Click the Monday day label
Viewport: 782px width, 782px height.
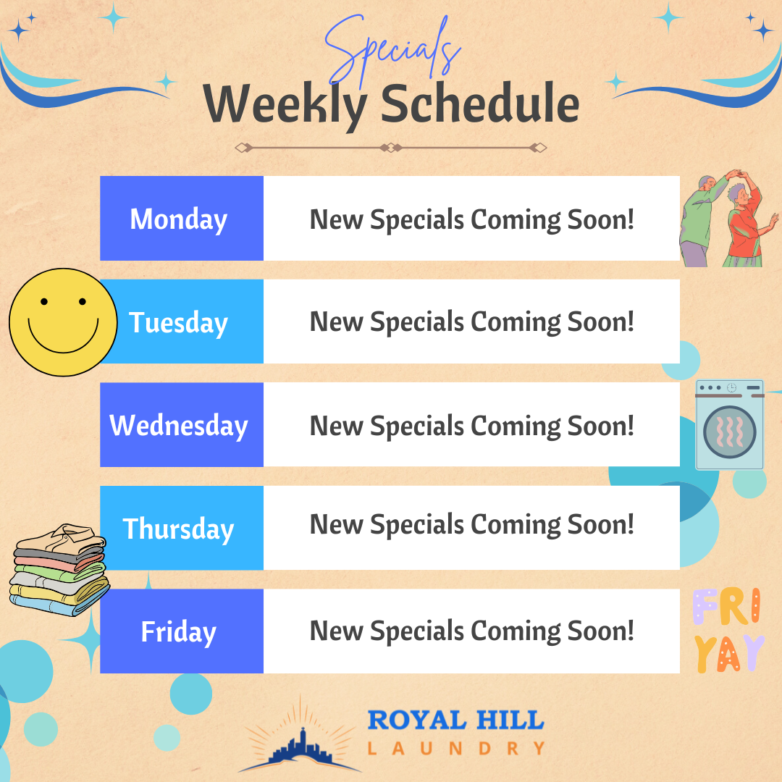pos(179,219)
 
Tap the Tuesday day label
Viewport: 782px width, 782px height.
pos(179,322)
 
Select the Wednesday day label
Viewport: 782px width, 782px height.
pos(179,425)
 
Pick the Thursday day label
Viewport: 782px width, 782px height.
pos(179,529)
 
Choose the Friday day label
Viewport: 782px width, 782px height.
pos(179,631)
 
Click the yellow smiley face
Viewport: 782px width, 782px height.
pos(63,322)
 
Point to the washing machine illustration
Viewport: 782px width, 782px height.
pos(729,424)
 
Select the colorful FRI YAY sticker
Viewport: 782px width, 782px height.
pos(728,630)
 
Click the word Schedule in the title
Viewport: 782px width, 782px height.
pos(480,105)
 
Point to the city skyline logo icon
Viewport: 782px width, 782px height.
pos(298,742)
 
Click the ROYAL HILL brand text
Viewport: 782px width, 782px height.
pos(455,720)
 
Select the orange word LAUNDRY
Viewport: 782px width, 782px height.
pos(455,748)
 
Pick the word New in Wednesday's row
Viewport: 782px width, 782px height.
pos(337,425)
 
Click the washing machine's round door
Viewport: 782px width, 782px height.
pos(729,433)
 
